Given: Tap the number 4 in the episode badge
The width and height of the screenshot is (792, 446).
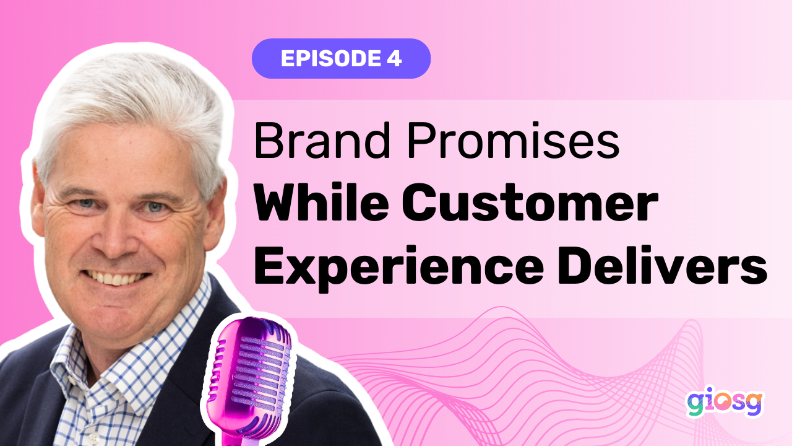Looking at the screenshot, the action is (x=395, y=58).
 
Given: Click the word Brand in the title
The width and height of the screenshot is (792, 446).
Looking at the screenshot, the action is (x=322, y=140).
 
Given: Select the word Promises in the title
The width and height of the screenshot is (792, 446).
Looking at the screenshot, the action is (x=513, y=140).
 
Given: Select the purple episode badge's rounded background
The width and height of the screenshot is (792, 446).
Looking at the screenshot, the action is (x=341, y=58).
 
